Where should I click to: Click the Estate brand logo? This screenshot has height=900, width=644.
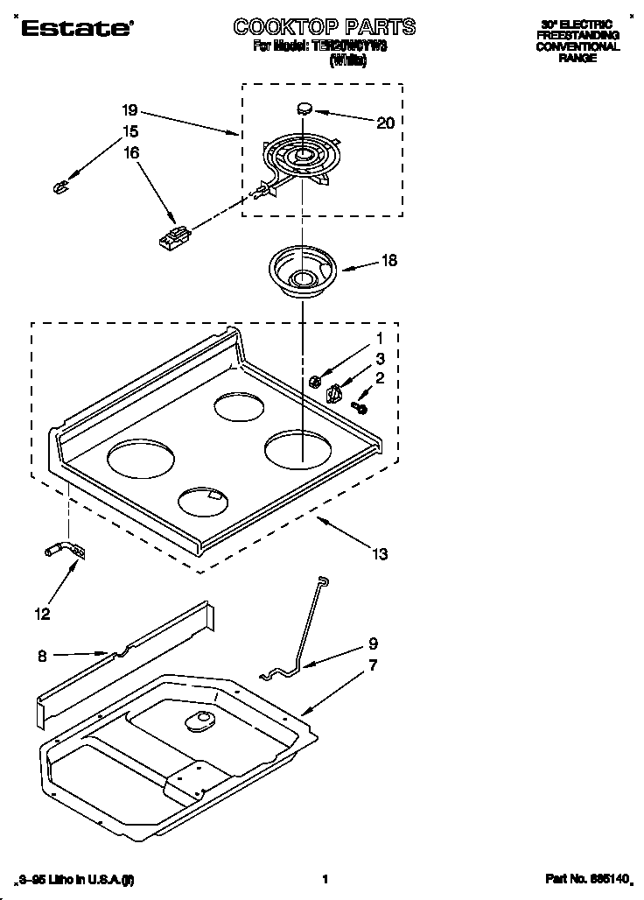73,28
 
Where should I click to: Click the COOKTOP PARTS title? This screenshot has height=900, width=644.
324,27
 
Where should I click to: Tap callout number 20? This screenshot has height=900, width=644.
384,123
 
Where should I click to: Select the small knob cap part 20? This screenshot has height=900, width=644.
304,109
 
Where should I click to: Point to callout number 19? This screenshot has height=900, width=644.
129,110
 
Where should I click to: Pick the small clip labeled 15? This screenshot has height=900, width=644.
60,186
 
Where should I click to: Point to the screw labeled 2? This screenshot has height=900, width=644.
360,406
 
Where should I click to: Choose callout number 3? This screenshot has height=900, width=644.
380,357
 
